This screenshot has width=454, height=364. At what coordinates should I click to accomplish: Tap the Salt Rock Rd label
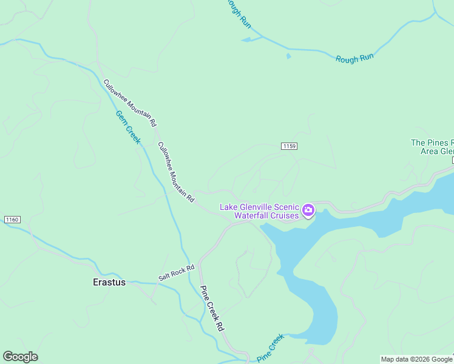pyautogui.click(x=176, y=272)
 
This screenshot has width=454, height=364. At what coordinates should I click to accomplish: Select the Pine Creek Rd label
pyautogui.click(x=212, y=308)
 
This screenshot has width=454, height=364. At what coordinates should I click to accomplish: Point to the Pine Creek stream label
pyautogui.click(x=270, y=348)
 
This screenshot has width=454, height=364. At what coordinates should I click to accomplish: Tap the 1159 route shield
pyautogui.click(x=289, y=146)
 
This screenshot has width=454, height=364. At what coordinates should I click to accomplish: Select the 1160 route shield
pyautogui.click(x=12, y=219)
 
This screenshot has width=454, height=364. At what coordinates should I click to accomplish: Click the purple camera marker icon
pyautogui.click(x=308, y=211)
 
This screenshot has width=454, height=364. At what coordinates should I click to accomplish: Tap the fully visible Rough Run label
pyautogui.click(x=354, y=57)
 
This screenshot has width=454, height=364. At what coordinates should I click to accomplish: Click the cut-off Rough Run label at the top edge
pyautogui.click(x=238, y=13)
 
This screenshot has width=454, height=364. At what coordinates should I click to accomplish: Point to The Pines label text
pyautogui.click(x=432, y=143)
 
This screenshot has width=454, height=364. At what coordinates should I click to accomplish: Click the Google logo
pyautogui.click(x=20, y=357)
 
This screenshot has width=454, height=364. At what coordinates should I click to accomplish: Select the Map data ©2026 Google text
pyautogui.click(x=416, y=359)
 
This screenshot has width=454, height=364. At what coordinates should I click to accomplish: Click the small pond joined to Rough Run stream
pyautogui.click(x=246, y=40)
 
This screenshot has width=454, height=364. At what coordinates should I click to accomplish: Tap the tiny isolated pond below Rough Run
pyautogui.click(x=288, y=56)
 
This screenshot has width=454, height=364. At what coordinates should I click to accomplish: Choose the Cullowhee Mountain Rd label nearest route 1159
pyautogui.click(x=175, y=172)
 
